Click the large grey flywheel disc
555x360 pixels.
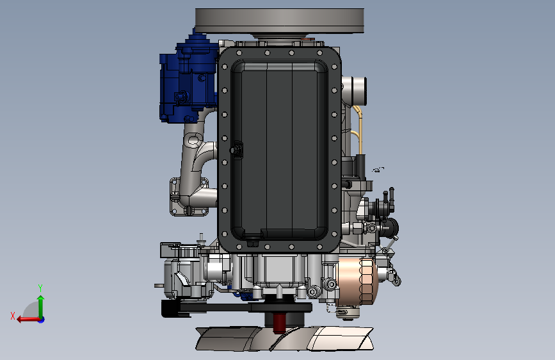pyautogui.click(x=279, y=20)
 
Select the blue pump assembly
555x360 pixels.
pyautogui.click(x=188, y=81)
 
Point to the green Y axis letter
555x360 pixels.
pyautogui.click(x=40, y=288)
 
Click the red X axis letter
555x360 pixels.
pyautogui.click(x=13, y=316)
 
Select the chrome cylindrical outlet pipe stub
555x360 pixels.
pyautogui.click(x=355, y=91)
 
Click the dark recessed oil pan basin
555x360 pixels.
pyautogui.click(x=279, y=150)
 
